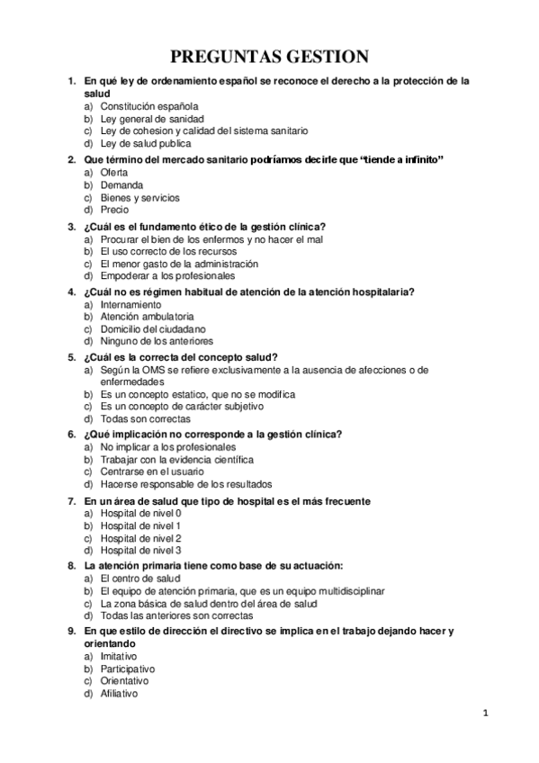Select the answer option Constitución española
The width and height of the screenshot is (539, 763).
point(149,106)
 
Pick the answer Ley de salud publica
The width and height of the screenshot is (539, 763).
point(146,144)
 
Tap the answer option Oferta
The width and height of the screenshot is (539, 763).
point(114,172)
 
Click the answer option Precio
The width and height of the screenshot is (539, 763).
point(114,210)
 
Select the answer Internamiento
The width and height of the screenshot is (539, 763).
point(131,304)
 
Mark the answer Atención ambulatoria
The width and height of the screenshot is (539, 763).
point(147,317)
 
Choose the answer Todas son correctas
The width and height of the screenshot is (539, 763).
point(145,419)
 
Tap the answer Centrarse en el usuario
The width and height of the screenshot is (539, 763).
point(152,472)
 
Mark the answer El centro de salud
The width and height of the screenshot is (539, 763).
point(140,579)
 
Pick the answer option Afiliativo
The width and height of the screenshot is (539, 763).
point(120,696)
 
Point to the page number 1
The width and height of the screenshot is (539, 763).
point(485,714)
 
